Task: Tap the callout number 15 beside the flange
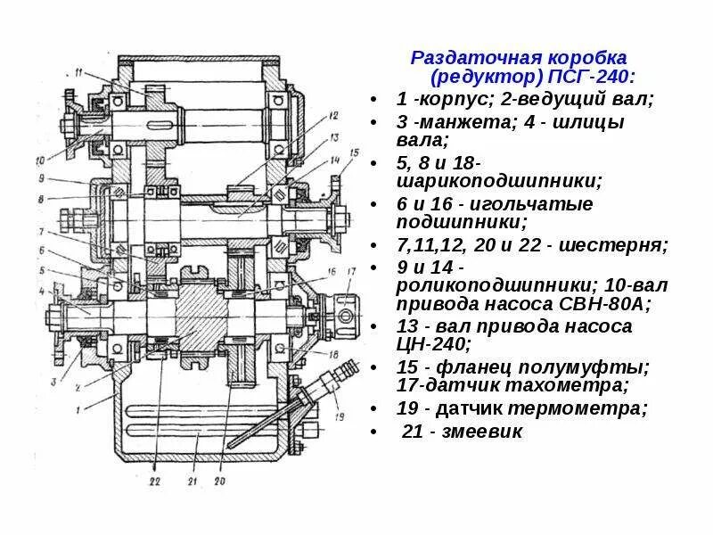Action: [x=355, y=153]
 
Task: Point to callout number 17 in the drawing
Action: [x=351, y=270]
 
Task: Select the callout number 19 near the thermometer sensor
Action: [x=340, y=417]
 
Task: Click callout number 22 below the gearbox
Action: [x=152, y=482]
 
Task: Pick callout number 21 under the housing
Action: [x=189, y=482]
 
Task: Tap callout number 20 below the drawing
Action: [x=220, y=482]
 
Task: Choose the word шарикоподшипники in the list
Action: [x=499, y=181]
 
